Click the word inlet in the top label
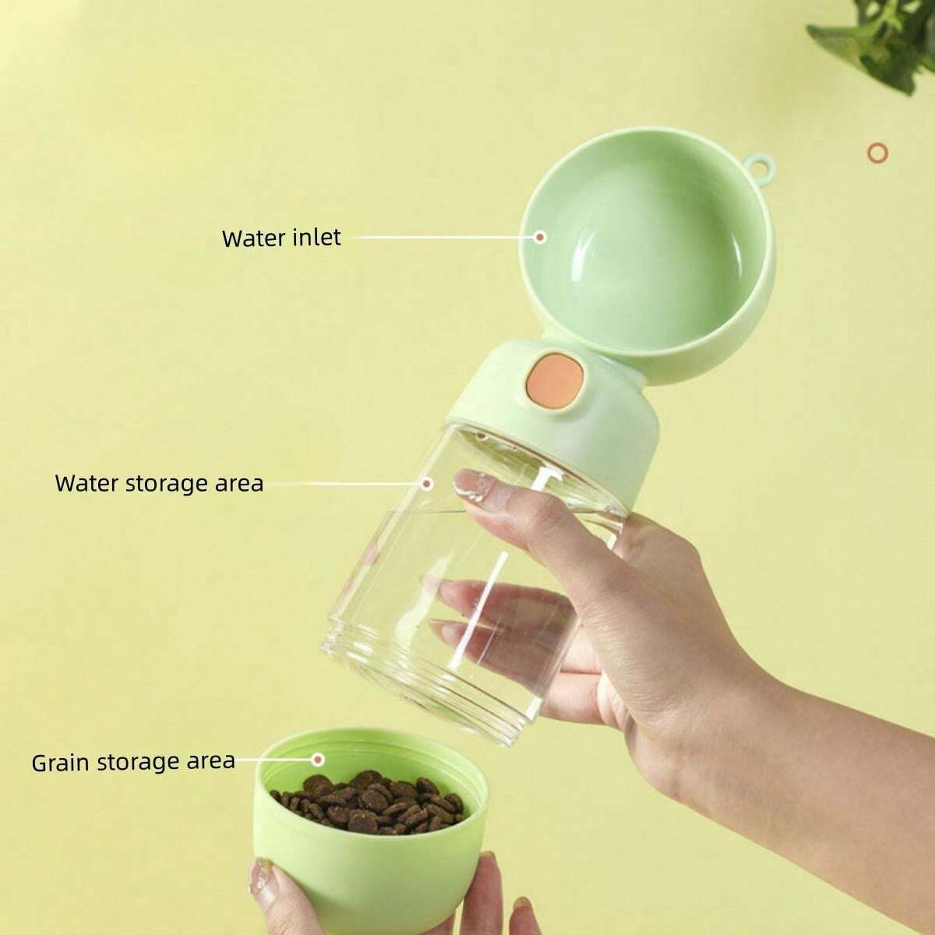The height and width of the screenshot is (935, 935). coord(316,237)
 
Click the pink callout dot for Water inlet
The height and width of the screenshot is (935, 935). coord(540,235)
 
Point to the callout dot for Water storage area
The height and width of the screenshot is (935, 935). coord(427,483)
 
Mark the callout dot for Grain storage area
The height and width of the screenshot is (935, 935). coord(318,758)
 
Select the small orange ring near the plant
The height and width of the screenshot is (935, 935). coord(878,151)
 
